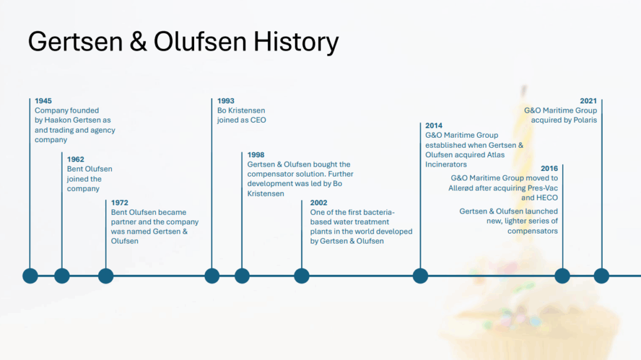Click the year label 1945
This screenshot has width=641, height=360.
(43, 101)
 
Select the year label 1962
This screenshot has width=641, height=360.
(75, 159)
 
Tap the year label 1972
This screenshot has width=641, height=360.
(120, 202)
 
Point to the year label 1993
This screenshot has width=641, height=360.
(225, 101)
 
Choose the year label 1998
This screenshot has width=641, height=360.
(255, 155)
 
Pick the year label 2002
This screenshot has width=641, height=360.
(319, 202)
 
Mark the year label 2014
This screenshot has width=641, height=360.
(434, 126)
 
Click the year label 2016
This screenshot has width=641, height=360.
(549, 168)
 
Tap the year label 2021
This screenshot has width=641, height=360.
(588, 101)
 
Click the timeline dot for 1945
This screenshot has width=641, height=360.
(30, 275)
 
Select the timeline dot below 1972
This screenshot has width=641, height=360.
(106, 275)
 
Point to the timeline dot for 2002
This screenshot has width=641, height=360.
(302, 275)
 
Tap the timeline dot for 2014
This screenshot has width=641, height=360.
(420, 275)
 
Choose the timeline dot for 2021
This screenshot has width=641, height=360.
(602, 275)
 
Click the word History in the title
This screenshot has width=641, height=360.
(296, 42)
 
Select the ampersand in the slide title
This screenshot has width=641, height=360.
(138, 41)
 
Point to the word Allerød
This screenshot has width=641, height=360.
(461, 188)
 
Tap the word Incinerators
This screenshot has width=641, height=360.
(446, 165)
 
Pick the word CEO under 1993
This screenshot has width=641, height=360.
(259, 120)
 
